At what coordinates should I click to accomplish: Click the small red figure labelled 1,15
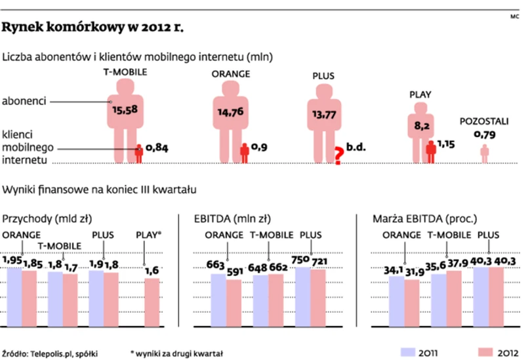click(430, 151)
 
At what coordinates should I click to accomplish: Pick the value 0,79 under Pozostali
click(485, 135)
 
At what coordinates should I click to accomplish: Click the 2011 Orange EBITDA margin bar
click(397, 301)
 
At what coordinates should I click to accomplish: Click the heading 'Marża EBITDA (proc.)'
click(424, 218)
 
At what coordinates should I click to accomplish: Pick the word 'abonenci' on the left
click(24, 102)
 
